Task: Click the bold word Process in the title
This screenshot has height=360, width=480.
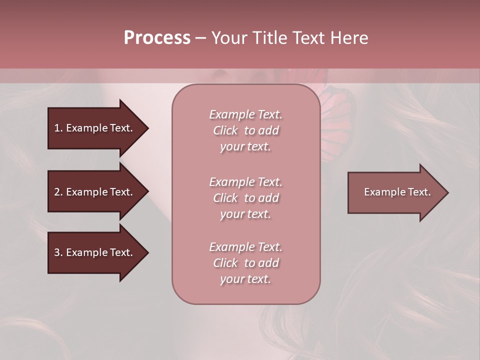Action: point(157,38)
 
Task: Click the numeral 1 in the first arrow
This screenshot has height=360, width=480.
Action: point(57,128)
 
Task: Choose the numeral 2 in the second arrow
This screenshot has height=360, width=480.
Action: point(57,192)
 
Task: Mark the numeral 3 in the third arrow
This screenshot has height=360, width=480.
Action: point(57,252)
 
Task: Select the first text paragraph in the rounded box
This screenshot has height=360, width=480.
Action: point(245,130)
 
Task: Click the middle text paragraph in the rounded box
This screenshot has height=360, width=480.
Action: point(245,198)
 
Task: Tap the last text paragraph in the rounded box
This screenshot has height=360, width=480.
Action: point(245,263)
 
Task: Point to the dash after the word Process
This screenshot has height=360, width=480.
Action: point(200,38)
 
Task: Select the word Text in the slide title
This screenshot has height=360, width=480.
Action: point(308,38)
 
